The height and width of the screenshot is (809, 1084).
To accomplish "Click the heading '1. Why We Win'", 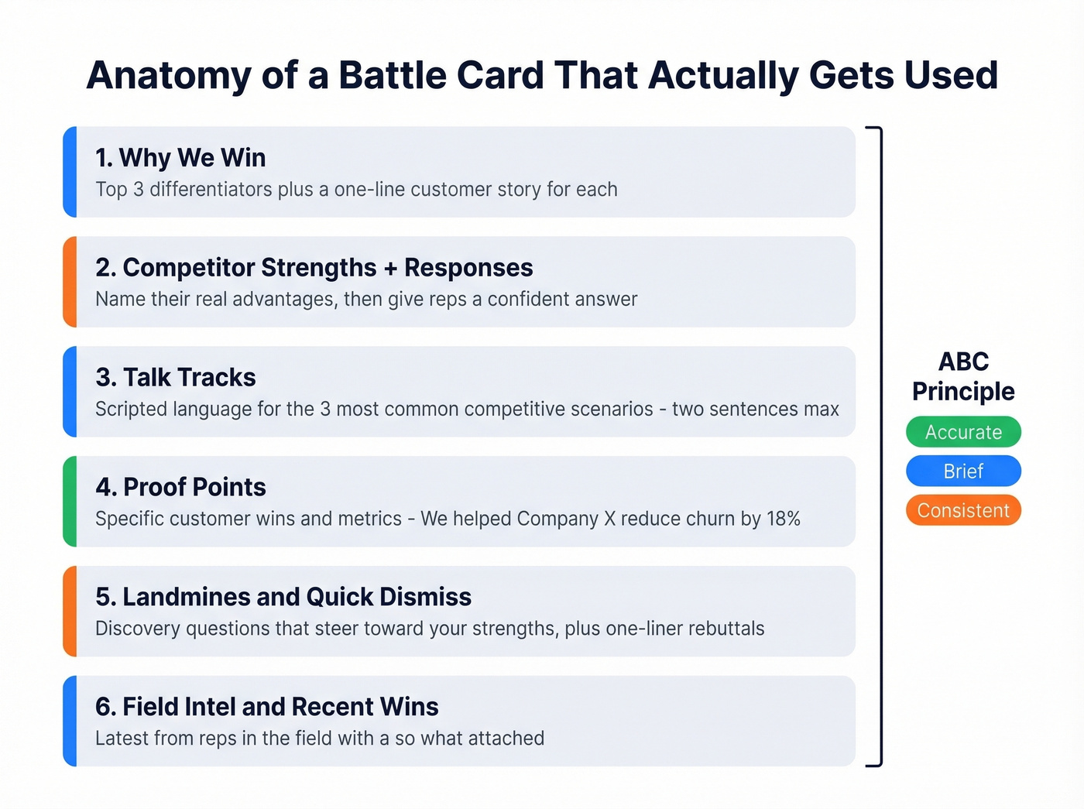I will click(180, 158).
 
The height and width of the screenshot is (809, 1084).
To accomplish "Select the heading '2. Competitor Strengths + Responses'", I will click(314, 268).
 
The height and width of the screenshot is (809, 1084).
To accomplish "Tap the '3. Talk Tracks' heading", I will click(176, 378).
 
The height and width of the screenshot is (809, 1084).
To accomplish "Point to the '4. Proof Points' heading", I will click(180, 488).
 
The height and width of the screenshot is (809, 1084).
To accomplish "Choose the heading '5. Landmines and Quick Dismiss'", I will click(283, 598).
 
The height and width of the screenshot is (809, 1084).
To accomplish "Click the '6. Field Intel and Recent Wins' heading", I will click(266, 708).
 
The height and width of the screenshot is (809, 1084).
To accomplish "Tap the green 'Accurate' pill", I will click(963, 432).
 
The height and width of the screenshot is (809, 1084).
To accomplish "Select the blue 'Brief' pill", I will click(963, 471).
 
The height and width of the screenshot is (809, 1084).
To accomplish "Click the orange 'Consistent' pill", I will click(963, 511).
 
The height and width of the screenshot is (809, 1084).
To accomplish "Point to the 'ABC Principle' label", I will click(963, 376).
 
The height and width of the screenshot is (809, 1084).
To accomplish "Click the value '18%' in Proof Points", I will click(783, 519).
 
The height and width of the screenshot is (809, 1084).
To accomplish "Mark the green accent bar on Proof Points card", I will click(70, 502).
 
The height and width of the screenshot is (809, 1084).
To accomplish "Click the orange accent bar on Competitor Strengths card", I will click(70, 282).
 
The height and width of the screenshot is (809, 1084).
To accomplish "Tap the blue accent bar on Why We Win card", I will click(70, 172).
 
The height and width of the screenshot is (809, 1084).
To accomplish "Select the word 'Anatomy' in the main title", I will click(169, 76).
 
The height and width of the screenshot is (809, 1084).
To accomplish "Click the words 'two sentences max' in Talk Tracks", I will click(755, 410).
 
